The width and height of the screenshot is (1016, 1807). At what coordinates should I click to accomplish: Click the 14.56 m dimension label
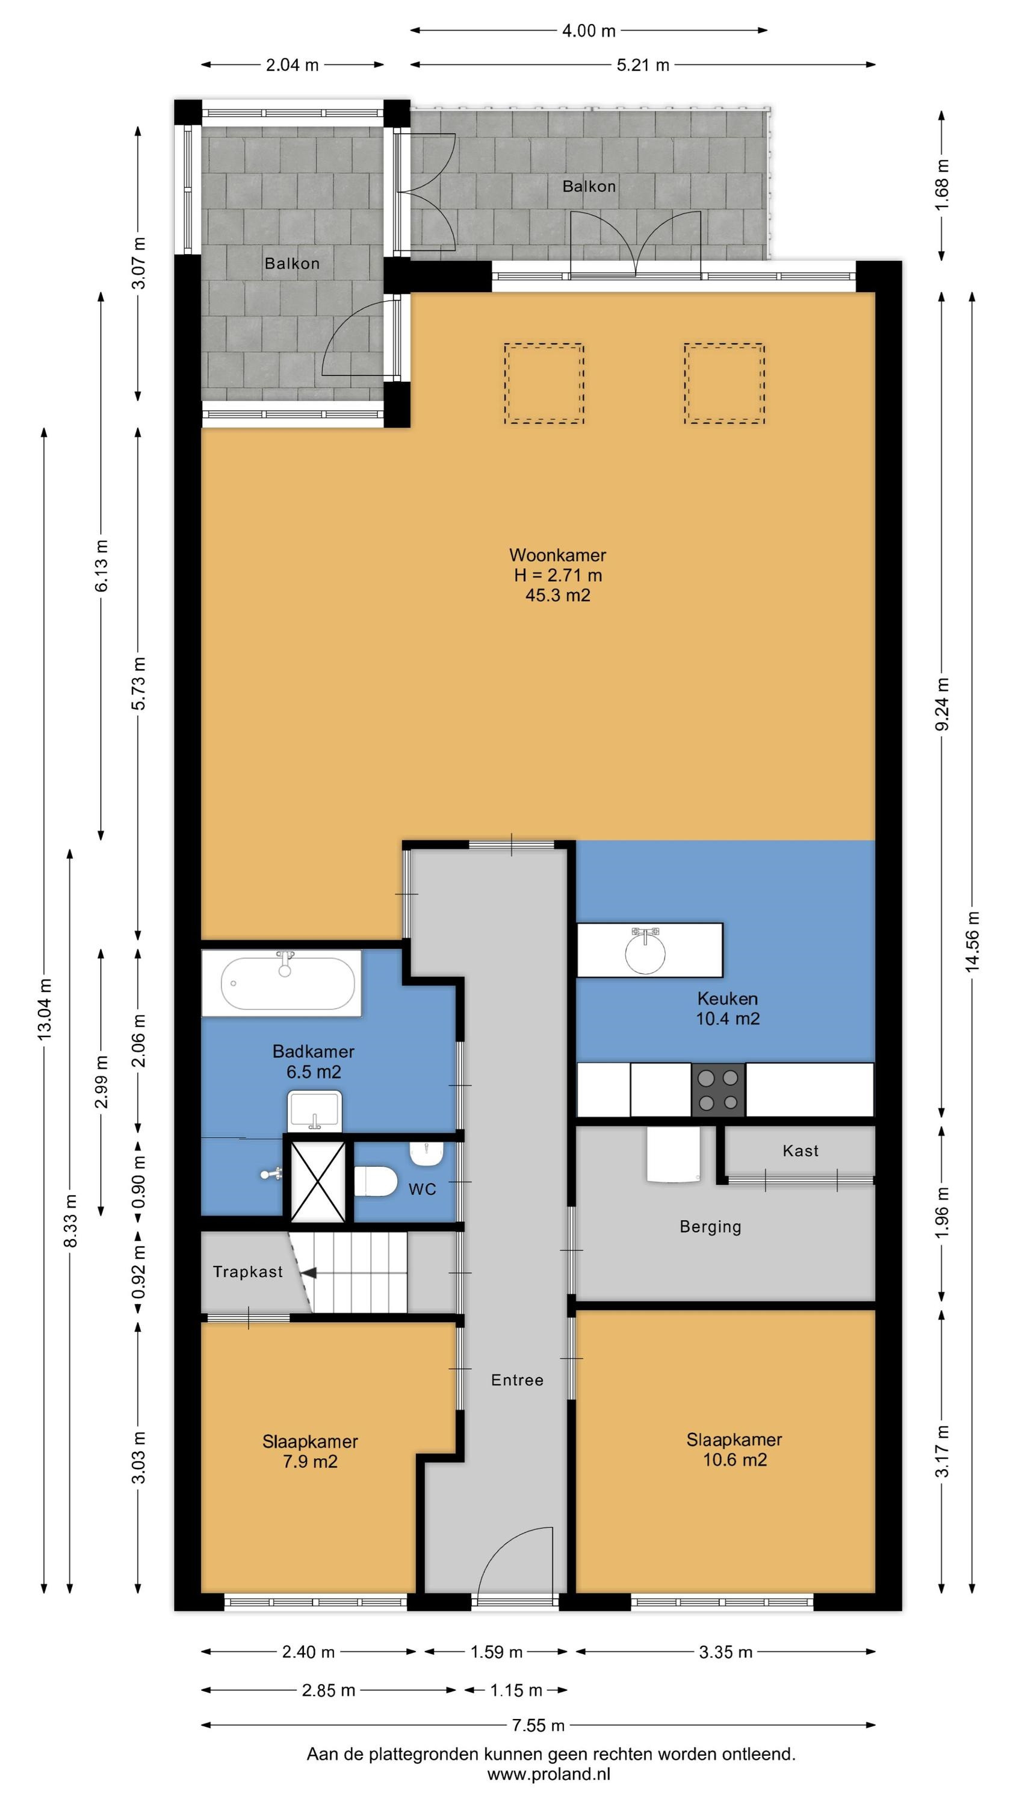click(x=972, y=941)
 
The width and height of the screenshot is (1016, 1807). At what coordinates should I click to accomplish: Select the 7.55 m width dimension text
click(x=538, y=1725)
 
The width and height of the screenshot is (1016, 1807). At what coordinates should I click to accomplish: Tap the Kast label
click(x=800, y=1150)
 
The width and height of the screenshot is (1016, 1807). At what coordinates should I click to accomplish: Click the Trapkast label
click(x=247, y=1272)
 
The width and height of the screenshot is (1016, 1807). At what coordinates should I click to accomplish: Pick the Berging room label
click(x=710, y=1227)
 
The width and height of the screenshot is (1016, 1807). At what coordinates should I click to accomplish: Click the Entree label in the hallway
click(x=517, y=1380)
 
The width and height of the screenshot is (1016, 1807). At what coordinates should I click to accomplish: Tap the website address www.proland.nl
click(x=549, y=1774)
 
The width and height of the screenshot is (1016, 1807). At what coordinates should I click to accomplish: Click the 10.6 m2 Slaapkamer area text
click(x=735, y=1460)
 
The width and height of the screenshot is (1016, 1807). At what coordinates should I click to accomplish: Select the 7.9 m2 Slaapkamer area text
click(x=310, y=1462)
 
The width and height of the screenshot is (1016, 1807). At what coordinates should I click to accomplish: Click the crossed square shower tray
click(x=318, y=1181)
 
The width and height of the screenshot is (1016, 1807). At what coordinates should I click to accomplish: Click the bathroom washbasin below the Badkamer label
click(x=315, y=1111)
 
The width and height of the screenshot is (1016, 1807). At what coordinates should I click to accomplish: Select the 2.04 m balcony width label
click(x=292, y=65)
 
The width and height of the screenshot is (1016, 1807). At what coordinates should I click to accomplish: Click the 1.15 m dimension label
click(x=516, y=1691)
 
